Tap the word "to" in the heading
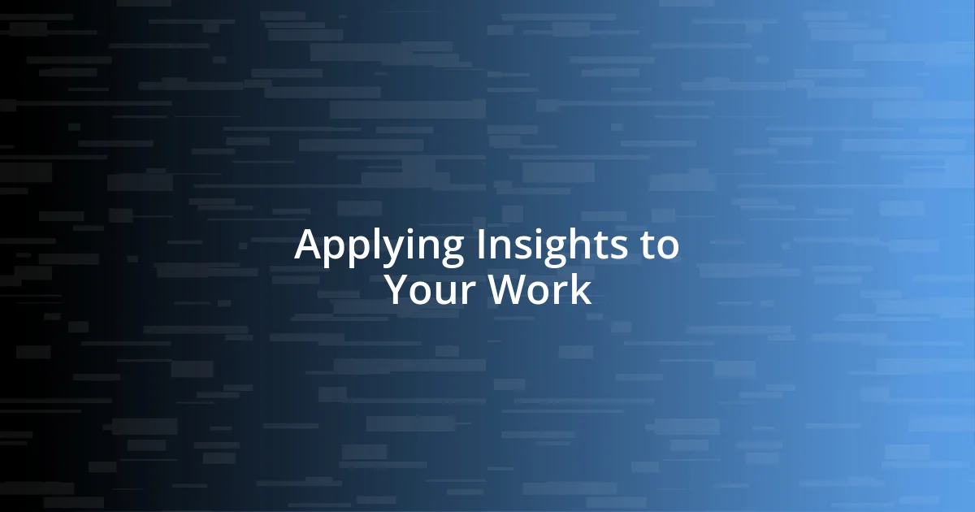[659, 246]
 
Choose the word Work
[539, 290]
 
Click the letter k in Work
[582, 290]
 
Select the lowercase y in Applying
[385, 249]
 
